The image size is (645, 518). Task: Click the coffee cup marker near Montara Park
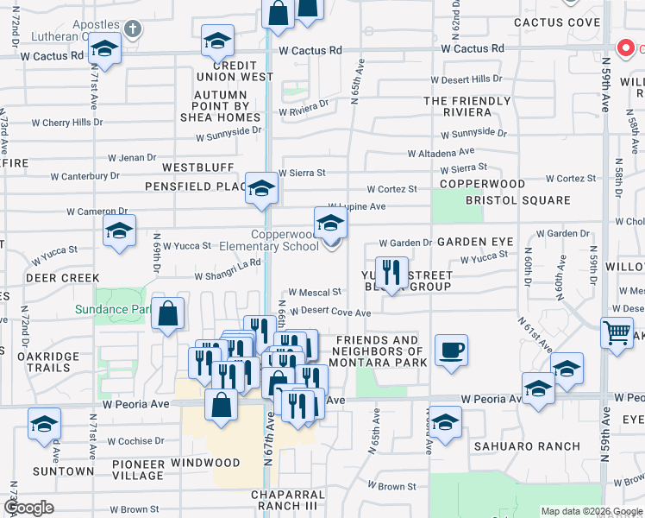(451, 351)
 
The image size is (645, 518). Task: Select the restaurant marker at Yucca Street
(392, 273)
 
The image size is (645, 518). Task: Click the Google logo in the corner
(28, 509)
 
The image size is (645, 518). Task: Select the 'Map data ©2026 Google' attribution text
(591, 511)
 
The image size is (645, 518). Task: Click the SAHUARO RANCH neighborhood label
(515, 446)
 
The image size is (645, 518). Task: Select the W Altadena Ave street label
(441, 152)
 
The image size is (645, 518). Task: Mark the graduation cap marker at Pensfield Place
(260, 188)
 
